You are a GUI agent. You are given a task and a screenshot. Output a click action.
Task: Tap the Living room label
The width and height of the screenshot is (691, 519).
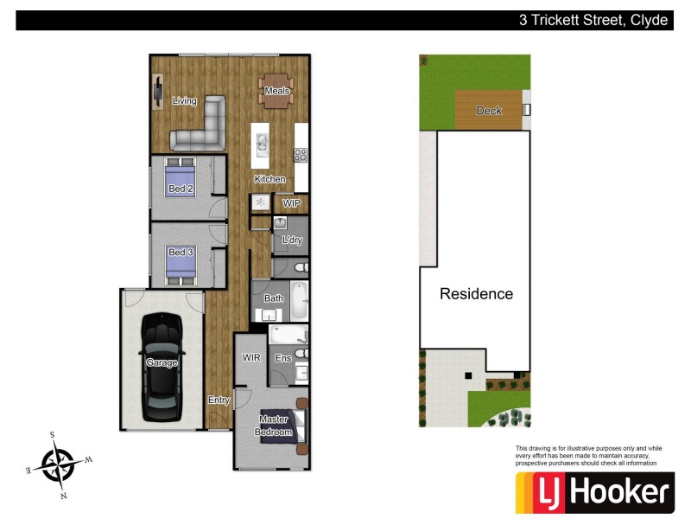184,101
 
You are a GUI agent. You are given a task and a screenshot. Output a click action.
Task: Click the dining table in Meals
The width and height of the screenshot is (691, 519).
276,91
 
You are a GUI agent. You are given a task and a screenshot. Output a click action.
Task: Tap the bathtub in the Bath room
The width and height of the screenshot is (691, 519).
299,300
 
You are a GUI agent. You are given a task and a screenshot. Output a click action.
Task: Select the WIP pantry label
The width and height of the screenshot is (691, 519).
291,203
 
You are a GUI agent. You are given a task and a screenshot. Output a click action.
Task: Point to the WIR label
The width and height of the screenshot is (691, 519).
251,357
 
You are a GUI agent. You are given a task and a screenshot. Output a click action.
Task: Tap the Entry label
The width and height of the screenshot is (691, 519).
219,400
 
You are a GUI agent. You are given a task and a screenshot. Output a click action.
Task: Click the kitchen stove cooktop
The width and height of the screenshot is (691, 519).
301,155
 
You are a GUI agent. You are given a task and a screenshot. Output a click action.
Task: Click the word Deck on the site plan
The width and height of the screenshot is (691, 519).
489,111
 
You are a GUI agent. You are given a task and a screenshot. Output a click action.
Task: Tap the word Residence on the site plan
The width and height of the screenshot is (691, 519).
476,294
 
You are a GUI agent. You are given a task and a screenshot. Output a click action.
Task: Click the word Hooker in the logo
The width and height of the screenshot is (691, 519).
618,493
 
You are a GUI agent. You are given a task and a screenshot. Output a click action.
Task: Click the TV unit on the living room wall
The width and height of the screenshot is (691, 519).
158,91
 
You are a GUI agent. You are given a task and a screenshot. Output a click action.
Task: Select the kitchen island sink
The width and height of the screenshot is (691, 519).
261,145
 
